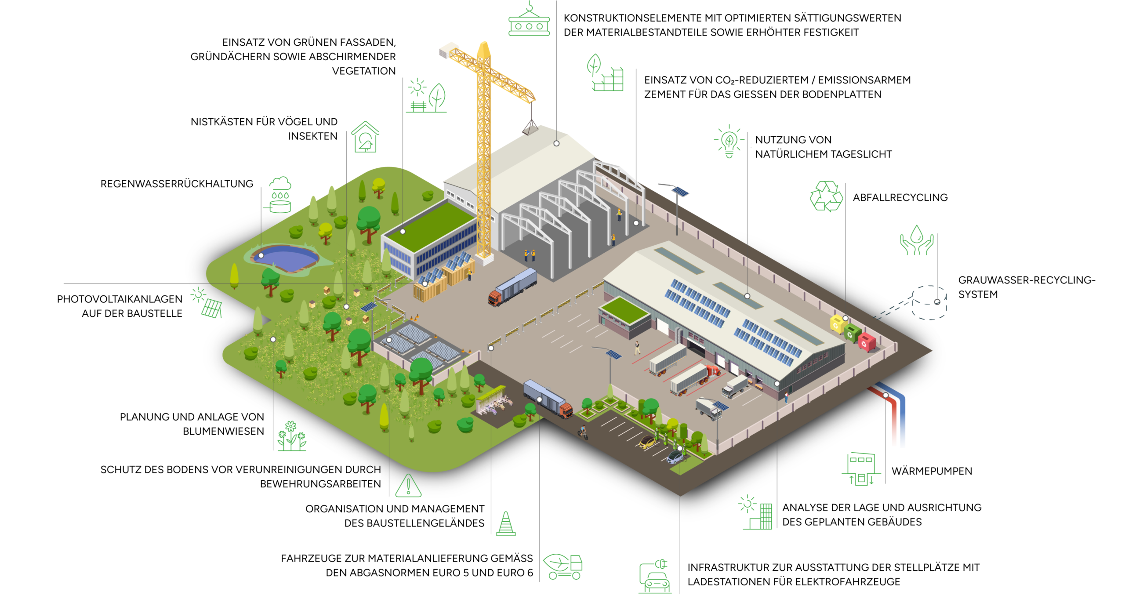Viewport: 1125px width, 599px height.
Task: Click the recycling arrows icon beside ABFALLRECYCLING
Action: coord(826,196)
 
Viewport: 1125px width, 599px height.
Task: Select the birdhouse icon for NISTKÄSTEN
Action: coord(365,138)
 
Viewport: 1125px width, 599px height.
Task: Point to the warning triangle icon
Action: coord(408,485)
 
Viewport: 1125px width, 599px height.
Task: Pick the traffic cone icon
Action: coord(506,524)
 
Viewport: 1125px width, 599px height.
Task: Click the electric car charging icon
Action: coord(655,577)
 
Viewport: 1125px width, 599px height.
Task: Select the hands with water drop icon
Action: coord(916,240)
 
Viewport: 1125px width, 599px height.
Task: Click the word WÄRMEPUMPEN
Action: coord(932,471)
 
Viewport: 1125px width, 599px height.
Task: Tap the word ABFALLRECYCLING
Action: coord(900,198)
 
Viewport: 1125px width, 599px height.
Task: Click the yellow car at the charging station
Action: coord(646,442)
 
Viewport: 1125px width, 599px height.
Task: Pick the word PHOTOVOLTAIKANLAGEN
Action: coord(120,299)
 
